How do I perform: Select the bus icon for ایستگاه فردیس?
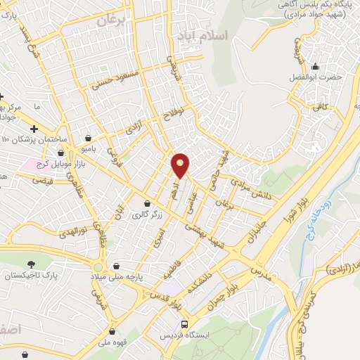[184, 324]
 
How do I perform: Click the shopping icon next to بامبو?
[88, 138]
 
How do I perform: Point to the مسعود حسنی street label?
[116, 82]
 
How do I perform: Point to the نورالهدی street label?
[75, 231]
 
